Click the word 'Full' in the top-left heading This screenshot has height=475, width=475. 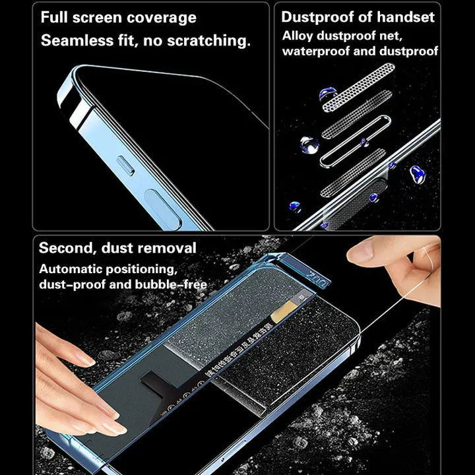click(56, 18)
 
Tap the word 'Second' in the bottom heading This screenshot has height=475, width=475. click(67, 248)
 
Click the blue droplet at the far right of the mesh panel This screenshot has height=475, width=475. click(417, 174)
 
